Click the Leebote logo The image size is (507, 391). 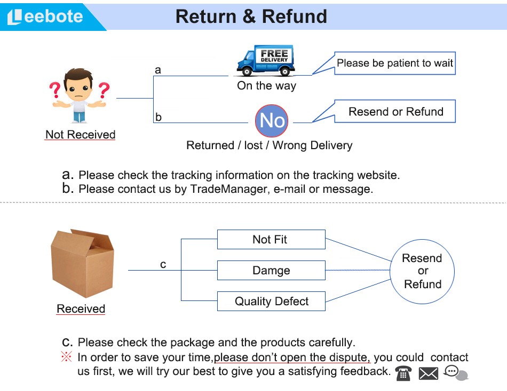46,17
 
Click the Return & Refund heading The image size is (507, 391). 251,17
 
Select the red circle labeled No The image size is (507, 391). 271,121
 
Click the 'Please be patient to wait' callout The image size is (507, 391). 394,63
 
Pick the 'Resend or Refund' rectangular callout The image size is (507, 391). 395,112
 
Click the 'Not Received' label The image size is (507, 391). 80,135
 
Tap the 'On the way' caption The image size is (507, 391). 266,86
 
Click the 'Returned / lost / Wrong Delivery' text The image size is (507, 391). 269,145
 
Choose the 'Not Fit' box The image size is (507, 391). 271,240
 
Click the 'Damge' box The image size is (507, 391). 271,271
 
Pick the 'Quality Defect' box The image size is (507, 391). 271,302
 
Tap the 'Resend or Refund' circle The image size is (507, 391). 422,271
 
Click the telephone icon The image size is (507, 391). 403,373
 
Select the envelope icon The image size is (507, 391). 428,373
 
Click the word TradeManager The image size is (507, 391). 228,189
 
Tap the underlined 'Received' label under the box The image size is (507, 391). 81,309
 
